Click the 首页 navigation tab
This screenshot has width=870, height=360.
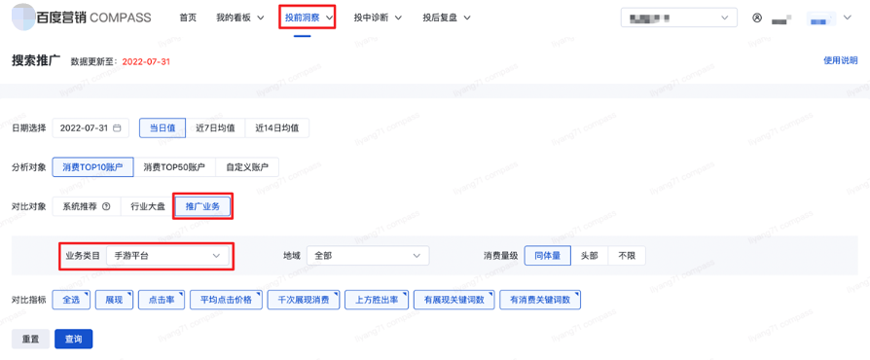(x=188, y=18)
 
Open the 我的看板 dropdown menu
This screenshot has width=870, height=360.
(x=239, y=18)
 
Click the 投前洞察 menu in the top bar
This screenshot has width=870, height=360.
(x=308, y=18)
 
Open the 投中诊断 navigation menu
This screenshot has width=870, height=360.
(x=378, y=18)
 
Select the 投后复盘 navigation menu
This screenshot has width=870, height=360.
(x=446, y=18)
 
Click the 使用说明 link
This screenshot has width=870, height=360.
(x=840, y=60)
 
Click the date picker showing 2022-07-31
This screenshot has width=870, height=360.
(x=91, y=127)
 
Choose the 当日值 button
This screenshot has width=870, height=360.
(x=163, y=127)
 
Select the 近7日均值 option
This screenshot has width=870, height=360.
(x=215, y=127)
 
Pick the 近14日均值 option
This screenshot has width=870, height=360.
(x=276, y=127)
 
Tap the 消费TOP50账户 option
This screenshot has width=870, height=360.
(x=174, y=167)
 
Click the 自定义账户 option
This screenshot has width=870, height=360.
(x=246, y=167)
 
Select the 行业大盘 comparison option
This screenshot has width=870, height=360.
(x=148, y=206)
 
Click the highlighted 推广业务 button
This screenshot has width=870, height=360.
(x=202, y=206)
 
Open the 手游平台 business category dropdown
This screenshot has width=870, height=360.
(x=167, y=256)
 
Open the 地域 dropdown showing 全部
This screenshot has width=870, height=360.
(x=367, y=256)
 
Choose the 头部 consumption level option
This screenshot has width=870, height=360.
(x=589, y=256)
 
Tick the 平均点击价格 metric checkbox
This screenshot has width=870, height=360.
(x=226, y=300)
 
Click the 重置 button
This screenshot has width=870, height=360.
(x=30, y=339)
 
